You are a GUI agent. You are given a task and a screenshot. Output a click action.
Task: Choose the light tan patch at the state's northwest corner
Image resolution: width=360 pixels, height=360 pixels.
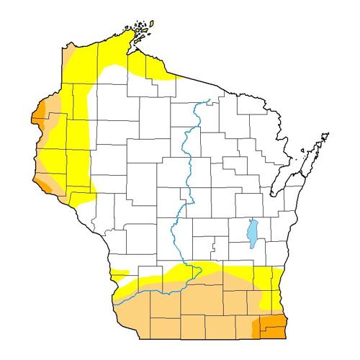[x=70, y=54]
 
